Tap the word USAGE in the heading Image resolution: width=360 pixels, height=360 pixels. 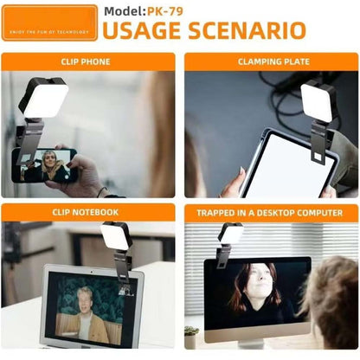pyautogui.click(x=145, y=32)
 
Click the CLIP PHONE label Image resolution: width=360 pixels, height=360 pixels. pyautogui.click(x=86, y=62)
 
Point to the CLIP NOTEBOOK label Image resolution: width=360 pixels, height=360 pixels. pyautogui.click(x=86, y=212)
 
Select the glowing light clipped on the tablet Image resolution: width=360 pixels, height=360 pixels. pyautogui.click(x=317, y=102)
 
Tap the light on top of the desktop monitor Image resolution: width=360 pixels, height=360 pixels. pyautogui.click(x=231, y=234)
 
